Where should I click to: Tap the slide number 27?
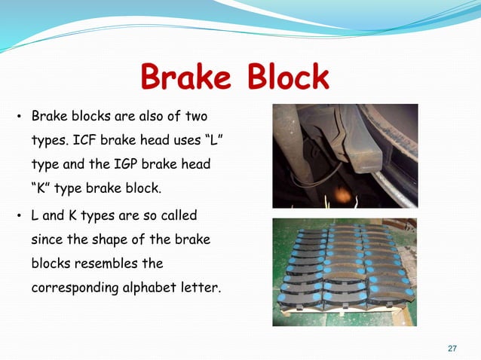click(x=452, y=348)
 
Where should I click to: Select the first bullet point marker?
click(x=19, y=117)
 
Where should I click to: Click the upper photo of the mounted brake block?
click(x=345, y=155)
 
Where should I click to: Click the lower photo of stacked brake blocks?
click(x=345, y=272)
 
